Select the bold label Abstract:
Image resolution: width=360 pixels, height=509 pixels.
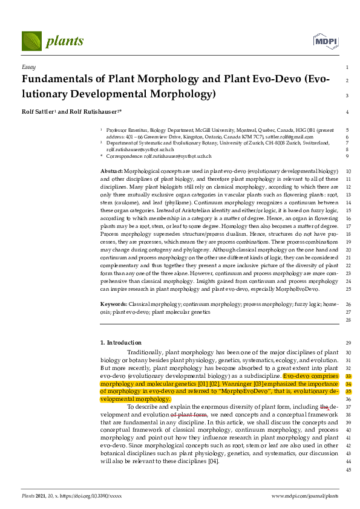coord(111,172)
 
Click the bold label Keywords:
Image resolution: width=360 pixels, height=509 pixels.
coord(114,304)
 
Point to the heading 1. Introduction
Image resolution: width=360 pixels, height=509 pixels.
coord(121,343)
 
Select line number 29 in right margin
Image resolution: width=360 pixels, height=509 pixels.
coord(347,343)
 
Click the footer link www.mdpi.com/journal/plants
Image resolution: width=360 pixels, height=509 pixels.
coord(304,496)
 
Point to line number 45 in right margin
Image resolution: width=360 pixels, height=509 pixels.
coord(347,470)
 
